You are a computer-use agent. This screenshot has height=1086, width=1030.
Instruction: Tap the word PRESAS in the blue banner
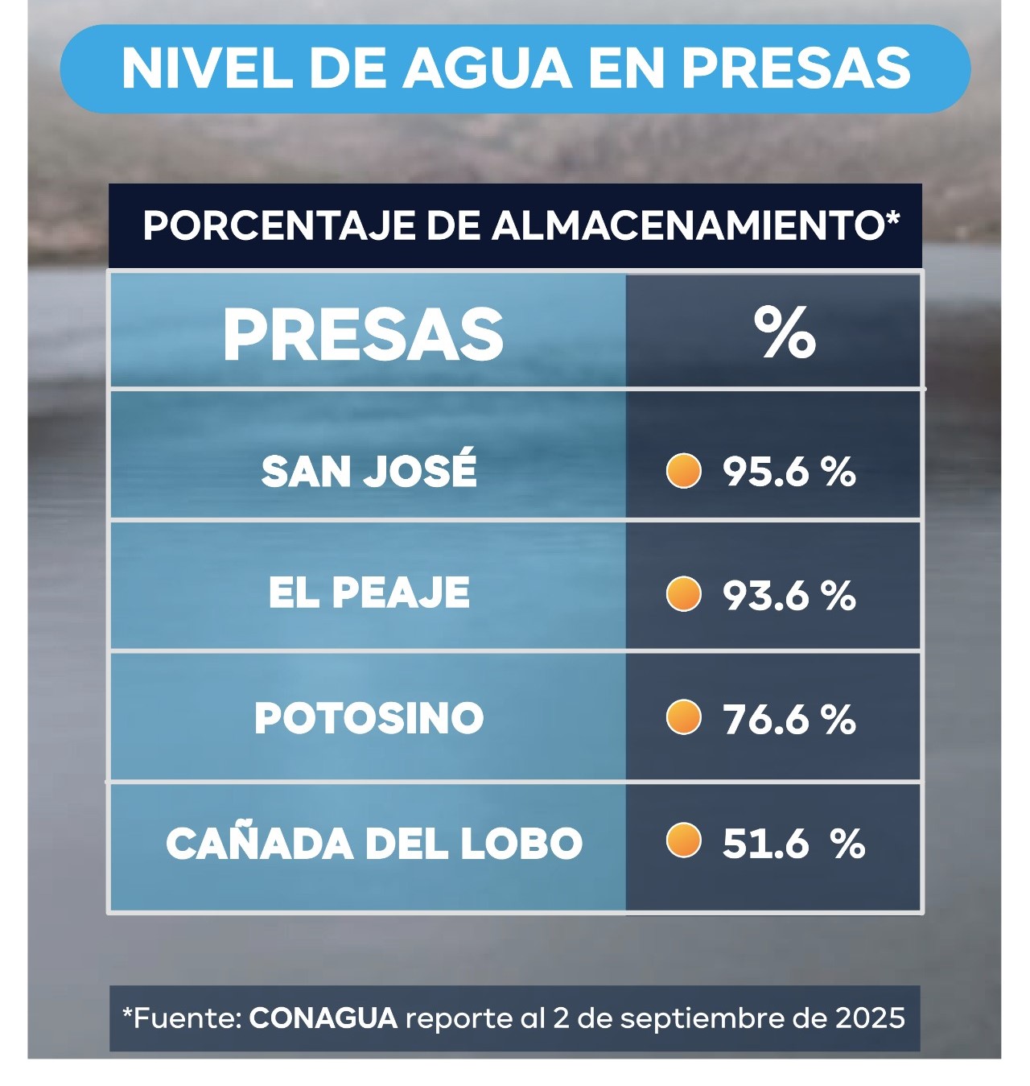click(x=797, y=68)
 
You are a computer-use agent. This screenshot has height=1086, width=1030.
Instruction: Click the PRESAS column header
click(x=363, y=335)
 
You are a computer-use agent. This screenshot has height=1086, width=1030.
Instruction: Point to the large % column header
click(x=785, y=333)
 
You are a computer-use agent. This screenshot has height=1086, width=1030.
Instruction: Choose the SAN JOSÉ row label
click(x=369, y=470)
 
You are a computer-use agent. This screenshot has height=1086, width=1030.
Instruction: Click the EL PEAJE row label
click(x=369, y=593)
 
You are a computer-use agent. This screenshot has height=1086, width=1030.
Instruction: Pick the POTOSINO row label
click(x=369, y=718)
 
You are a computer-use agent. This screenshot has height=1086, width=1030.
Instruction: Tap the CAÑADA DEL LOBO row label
click(x=374, y=843)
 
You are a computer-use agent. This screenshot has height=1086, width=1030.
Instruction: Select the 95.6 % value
click(x=789, y=472)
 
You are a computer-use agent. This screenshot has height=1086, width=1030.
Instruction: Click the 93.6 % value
click(x=789, y=596)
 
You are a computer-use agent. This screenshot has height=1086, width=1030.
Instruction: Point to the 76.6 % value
click(x=789, y=719)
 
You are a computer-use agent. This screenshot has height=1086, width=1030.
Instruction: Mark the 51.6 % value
click(x=793, y=844)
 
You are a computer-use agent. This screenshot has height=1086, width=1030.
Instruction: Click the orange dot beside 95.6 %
click(x=684, y=471)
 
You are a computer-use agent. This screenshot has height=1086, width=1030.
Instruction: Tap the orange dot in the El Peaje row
click(x=684, y=595)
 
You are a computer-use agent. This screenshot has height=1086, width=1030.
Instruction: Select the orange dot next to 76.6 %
click(x=684, y=717)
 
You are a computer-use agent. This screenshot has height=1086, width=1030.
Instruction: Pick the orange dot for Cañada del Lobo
click(x=684, y=841)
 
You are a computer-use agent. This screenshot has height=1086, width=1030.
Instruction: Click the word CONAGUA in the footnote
click(x=323, y=1018)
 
